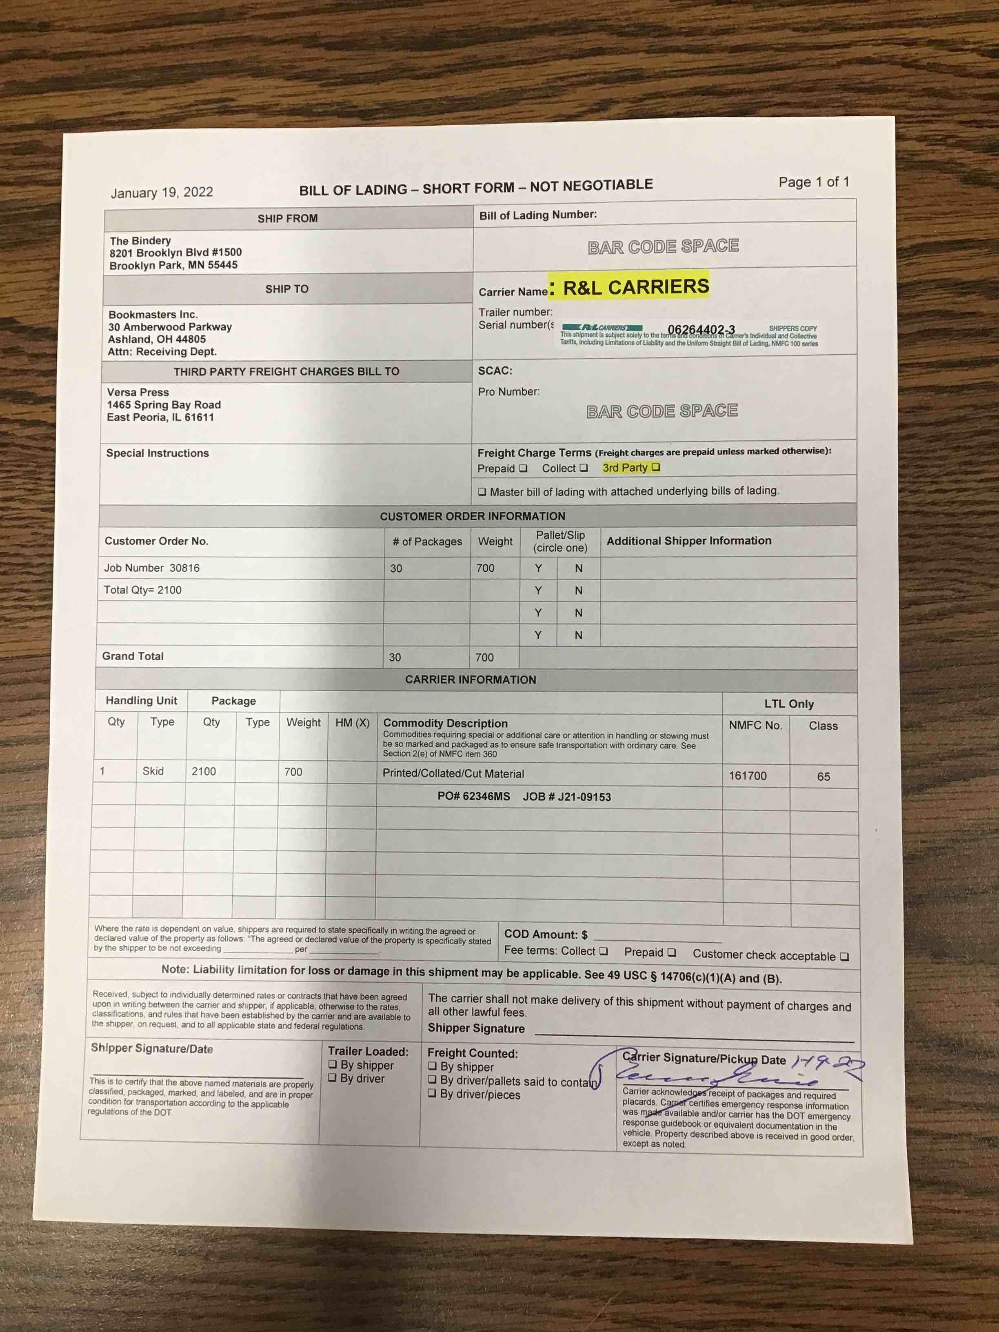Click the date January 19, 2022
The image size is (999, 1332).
pyautogui.click(x=161, y=192)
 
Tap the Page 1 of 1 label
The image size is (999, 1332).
pyautogui.click(x=814, y=182)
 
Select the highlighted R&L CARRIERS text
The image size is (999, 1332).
pyautogui.click(x=635, y=287)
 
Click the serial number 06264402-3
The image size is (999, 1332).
pyautogui.click(x=701, y=329)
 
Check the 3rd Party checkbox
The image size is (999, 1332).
pyautogui.click(x=656, y=467)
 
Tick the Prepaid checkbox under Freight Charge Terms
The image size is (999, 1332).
pyautogui.click(x=523, y=468)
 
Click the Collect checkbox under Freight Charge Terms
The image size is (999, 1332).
pyautogui.click(x=584, y=468)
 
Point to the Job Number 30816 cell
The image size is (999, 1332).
pyautogui.click(x=152, y=568)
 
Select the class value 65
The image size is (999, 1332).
pyautogui.click(x=823, y=777)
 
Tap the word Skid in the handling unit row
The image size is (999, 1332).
pyautogui.click(x=153, y=771)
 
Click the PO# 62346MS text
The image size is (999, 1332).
pyautogui.click(x=473, y=796)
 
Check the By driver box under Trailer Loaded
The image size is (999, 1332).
pyautogui.click(x=333, y=1077)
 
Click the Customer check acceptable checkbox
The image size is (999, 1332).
pyautogui.click(x=844, y=956)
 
